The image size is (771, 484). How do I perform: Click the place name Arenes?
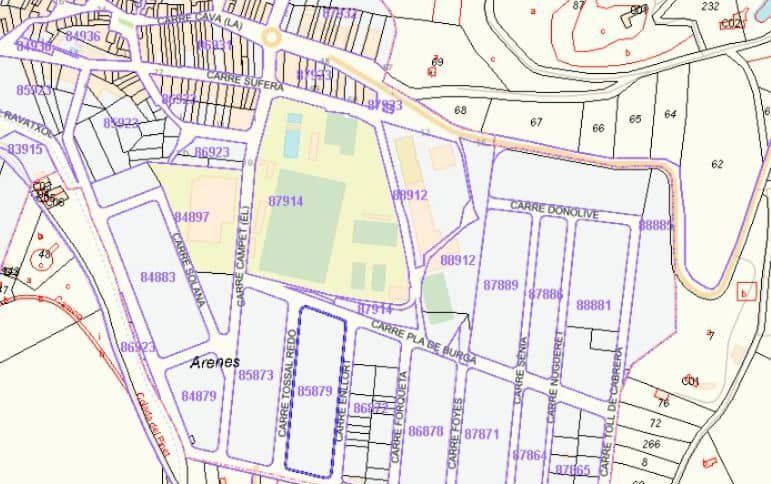coord(214,362)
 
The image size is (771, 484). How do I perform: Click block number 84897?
coord(192,217)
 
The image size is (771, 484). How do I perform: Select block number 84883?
coord(158,277)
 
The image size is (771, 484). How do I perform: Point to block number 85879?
coord(314,391)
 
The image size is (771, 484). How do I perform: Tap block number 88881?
coord(594,304)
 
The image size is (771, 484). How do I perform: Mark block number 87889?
coord(501,285)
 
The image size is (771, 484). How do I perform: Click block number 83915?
coord(25,149)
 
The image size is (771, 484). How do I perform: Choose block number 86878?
coord(426,431)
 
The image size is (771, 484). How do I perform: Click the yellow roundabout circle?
coord(270,38)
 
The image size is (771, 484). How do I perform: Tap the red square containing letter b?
coord(743,292)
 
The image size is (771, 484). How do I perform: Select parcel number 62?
coord(716,164)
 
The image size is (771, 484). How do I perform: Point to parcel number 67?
coord(536,122)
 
